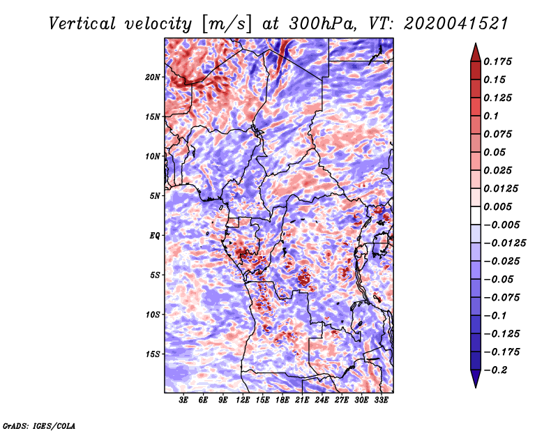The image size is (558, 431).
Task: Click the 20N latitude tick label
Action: (153, 77)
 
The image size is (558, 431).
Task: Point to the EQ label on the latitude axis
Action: (155, 235)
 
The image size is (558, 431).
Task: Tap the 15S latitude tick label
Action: (153, 354)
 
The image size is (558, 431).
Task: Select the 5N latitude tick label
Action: (155, 196)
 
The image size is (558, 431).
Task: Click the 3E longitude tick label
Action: (183, 400)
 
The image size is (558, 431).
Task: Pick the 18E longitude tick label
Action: (282, 400)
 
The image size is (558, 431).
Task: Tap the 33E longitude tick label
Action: (381, 400)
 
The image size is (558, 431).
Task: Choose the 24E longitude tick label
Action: (322, 400)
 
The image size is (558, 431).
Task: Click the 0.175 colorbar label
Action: (497, 61)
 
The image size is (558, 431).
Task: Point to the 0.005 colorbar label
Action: (497, 206)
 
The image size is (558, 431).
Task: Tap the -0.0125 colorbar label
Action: (504, 243)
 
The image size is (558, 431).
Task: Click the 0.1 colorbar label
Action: (491, 116)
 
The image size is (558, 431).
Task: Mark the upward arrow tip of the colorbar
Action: (476, 43)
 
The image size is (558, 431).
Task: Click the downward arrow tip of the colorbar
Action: (476, 387)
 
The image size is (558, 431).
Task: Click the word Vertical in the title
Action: (82, 24)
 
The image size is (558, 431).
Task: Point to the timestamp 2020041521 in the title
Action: (456, 24)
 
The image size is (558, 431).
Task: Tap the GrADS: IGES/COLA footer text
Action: (39, 425)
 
